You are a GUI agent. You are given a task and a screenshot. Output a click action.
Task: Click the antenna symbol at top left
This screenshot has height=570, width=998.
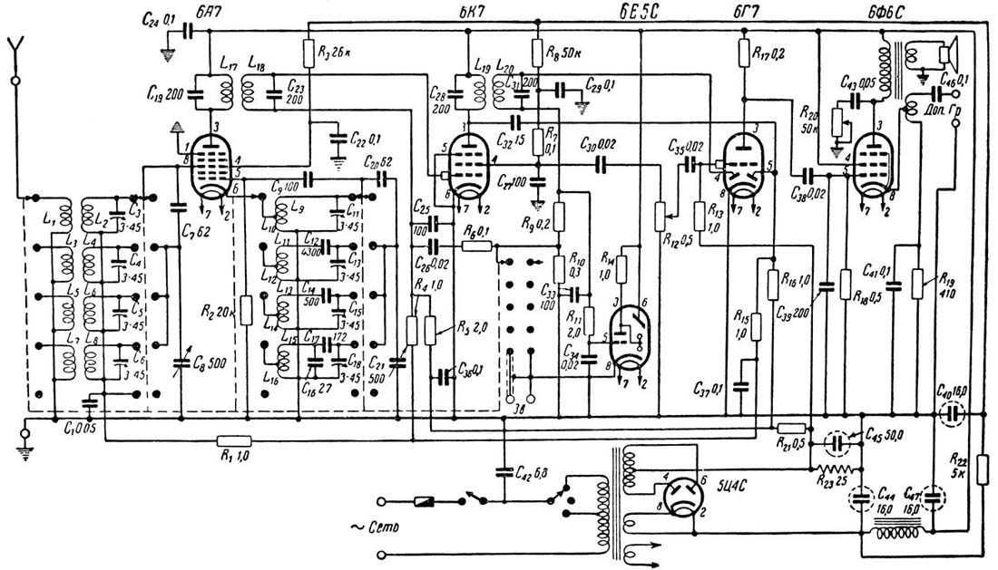tap(15, 47)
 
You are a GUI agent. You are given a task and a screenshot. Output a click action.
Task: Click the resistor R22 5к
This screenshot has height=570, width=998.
tap(983, 471)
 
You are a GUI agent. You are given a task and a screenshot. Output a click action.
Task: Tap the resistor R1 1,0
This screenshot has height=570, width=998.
tap(228, 441)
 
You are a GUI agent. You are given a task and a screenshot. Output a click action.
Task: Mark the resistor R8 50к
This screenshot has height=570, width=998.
tap(538, 53)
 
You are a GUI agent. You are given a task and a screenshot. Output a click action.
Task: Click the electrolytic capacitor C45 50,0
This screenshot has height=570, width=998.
tap(839, 443)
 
